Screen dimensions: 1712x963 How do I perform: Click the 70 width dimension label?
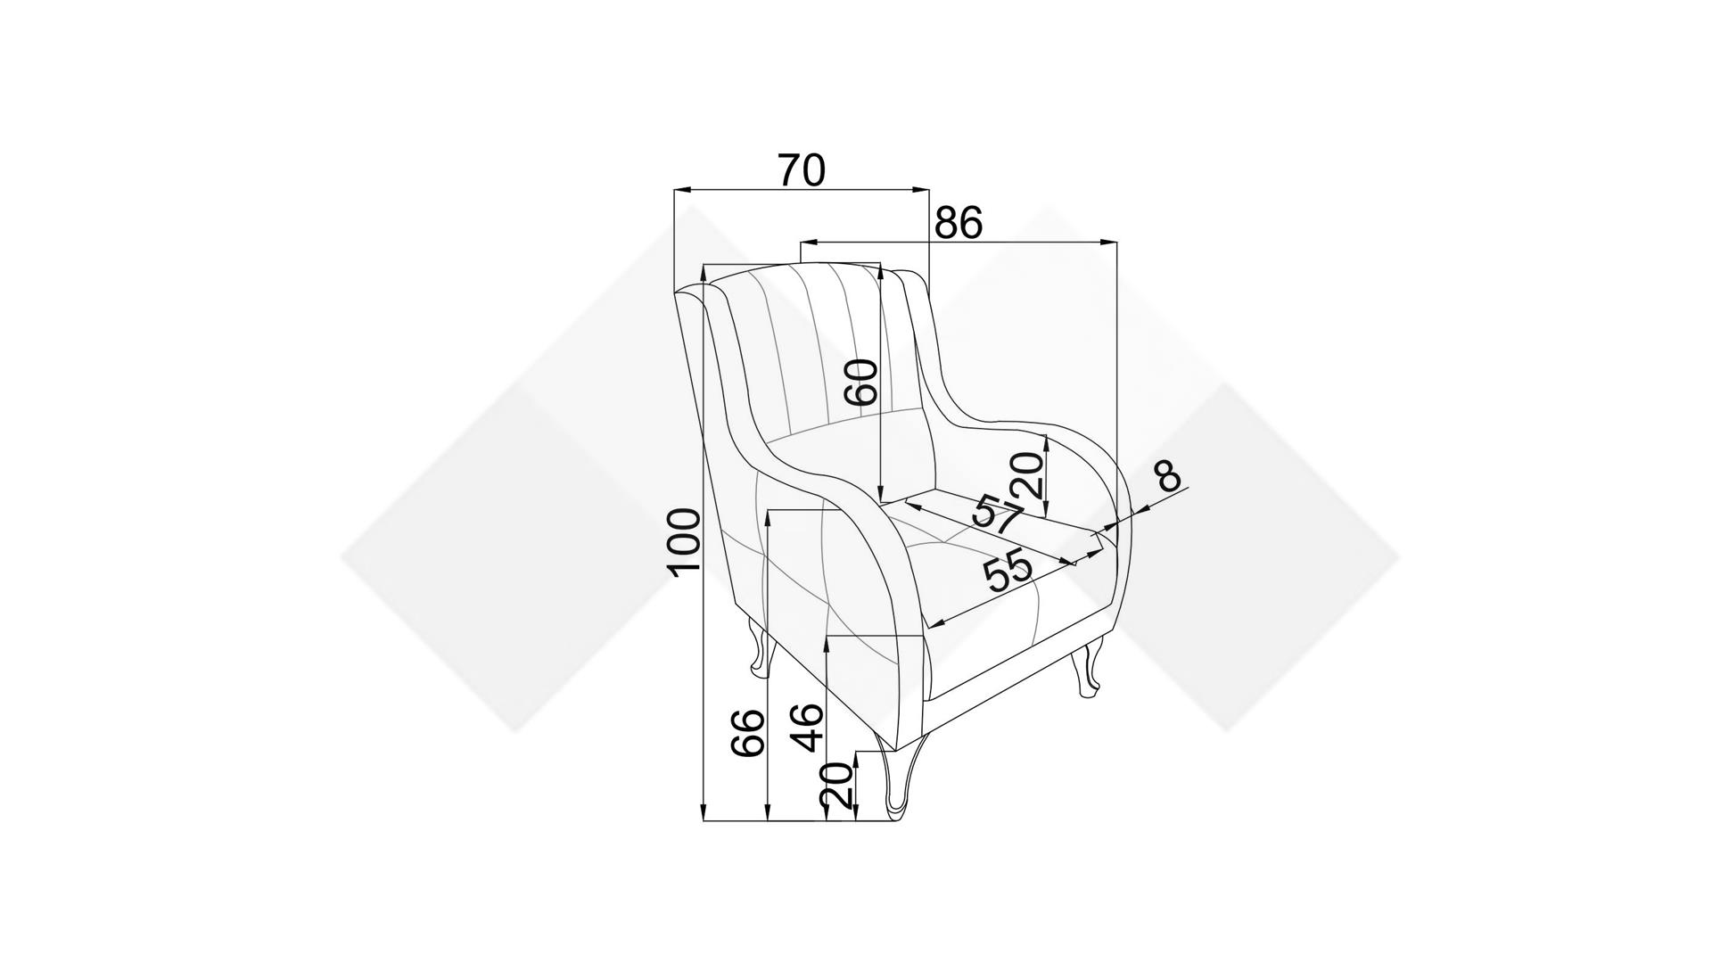(x=802, y=170)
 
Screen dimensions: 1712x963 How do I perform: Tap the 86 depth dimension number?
(x=959, y=223)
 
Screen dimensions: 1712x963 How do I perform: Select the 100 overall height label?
(x=685, y=543)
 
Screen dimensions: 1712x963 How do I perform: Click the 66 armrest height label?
(x=748, y=733)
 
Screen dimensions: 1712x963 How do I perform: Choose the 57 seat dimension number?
(x=998, y=514)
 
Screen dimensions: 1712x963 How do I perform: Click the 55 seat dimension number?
(x=1008, y=572)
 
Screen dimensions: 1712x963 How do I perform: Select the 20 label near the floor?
(x=836, y=786)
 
